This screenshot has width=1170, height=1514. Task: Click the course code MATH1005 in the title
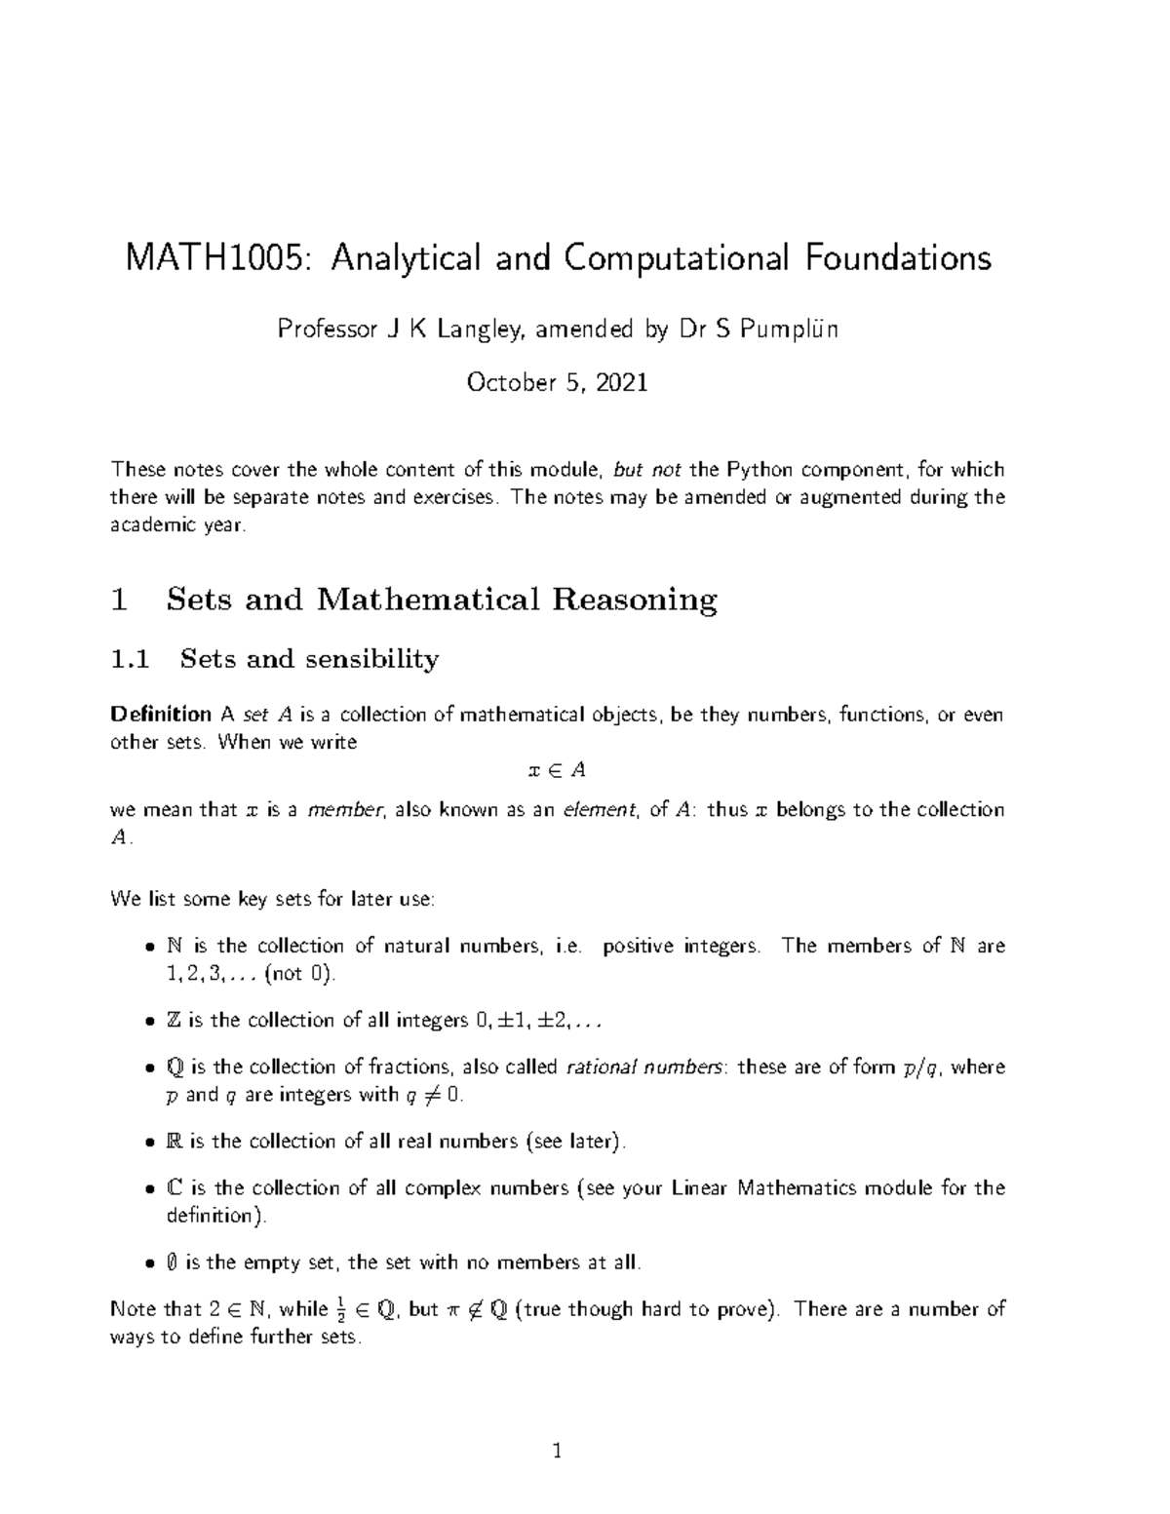(220, 258)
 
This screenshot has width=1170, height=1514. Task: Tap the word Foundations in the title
(897, 258)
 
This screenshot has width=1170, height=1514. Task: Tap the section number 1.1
(131, 660)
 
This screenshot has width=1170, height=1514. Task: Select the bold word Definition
(161, 715)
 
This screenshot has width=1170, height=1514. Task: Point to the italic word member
(345, 810)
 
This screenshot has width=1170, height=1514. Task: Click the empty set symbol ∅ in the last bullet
(173, 1262)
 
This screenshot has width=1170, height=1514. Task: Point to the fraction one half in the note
(340, 1309)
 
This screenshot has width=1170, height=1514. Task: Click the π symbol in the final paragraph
(451, 1310)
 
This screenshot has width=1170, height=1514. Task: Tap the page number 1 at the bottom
(557, 1452)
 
